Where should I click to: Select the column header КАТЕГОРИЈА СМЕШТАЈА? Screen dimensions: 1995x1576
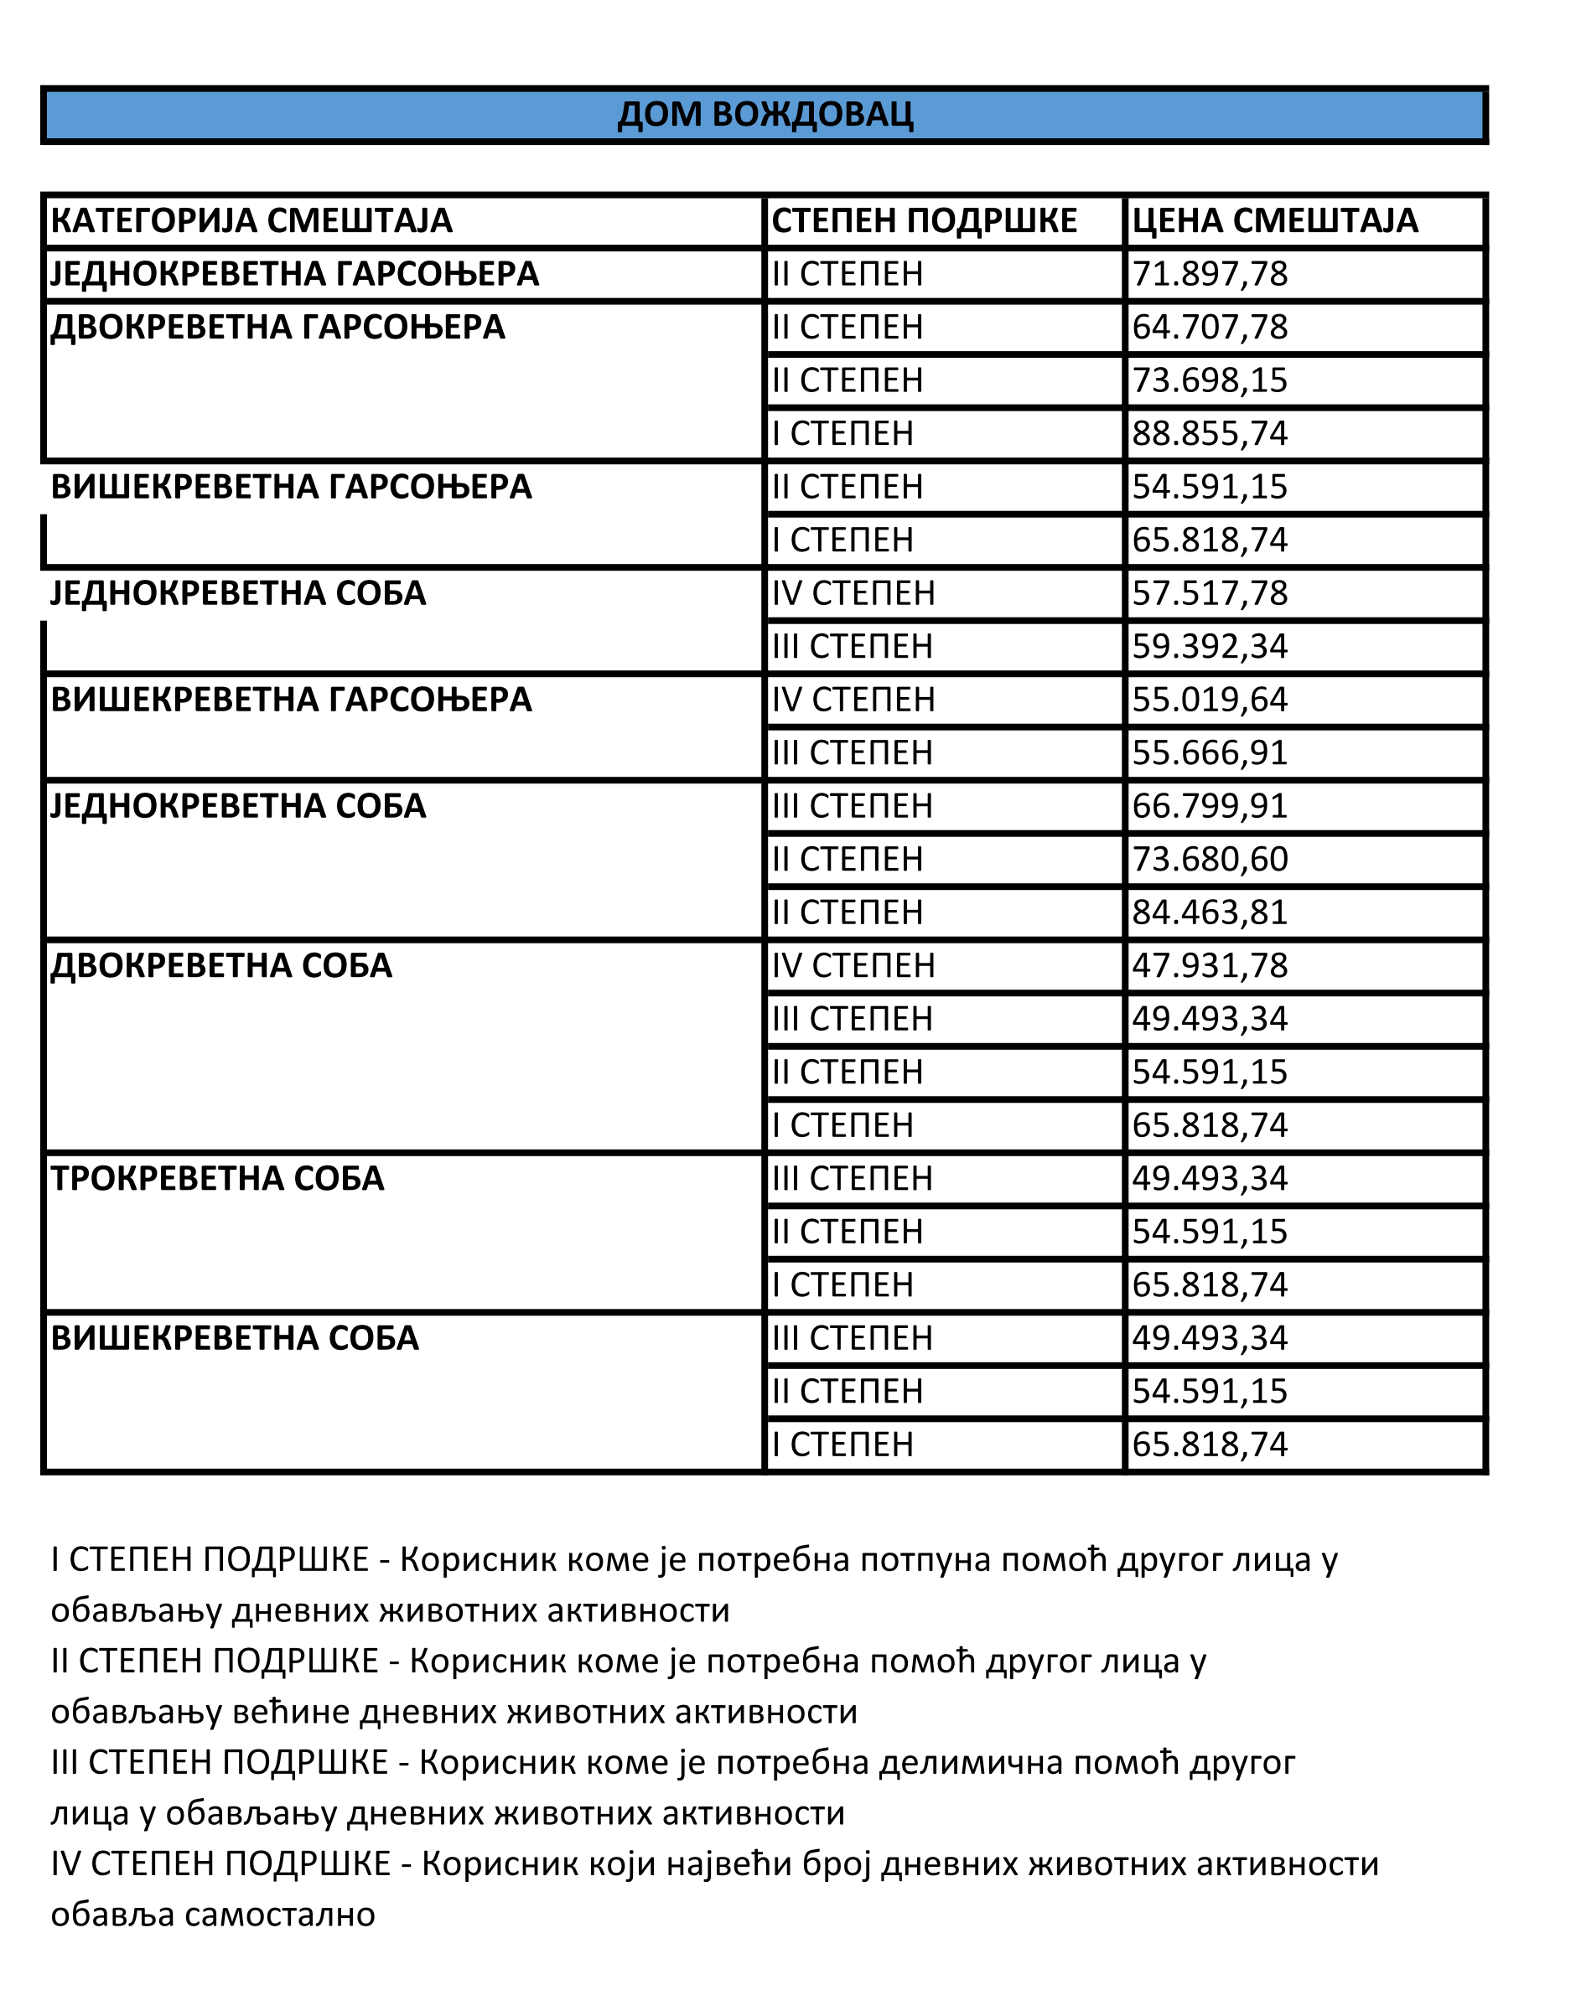tap(251, 221)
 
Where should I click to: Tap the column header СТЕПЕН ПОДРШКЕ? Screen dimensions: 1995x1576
tap(924, 221)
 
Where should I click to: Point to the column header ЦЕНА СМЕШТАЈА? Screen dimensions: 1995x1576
tap(1274, 221)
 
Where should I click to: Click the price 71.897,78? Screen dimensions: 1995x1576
tap(1209, 275)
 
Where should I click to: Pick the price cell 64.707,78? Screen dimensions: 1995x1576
tap(1209, 328)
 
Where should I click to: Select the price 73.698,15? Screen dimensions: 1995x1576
tap(1209, 381)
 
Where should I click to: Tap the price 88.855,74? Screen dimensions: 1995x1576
tap(1209, 433)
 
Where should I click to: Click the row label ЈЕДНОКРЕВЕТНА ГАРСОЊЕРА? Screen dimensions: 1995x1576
tap(294, 275)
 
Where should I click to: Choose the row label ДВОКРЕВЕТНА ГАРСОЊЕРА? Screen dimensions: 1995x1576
tap(277, 328)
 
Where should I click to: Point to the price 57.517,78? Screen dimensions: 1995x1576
tap(1209, 593)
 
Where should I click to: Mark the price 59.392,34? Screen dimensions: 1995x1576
tap(1209, 647)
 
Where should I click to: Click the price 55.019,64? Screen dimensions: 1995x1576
tap(1209, 700)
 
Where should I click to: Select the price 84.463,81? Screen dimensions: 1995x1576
tap(1209, 913)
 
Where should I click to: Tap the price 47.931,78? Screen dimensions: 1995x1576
tap(1209, 966)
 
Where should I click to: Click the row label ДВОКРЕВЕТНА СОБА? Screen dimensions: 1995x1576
tap(221, 966)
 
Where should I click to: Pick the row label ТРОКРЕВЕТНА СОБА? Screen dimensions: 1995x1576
tap(217, 1179)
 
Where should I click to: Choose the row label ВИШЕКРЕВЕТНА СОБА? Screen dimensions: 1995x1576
tap(235, 1338)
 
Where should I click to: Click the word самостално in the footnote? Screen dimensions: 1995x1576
tap(280, 1915)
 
